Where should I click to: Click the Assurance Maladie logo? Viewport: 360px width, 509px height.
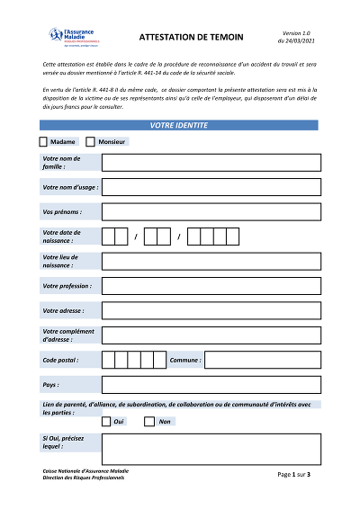[74, 37]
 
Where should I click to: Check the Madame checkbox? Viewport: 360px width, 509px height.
[43, 142]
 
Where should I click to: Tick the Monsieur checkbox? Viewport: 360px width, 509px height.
[90, 142]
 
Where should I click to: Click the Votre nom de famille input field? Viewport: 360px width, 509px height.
[211, 163]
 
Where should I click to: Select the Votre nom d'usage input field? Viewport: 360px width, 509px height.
[211, 188]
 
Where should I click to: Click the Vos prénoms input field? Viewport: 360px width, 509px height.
[211, 212]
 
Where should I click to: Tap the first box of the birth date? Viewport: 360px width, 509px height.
[108, 237]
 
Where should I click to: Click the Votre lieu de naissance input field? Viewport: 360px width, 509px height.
[211, 262]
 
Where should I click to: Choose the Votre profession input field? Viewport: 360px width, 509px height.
[211, 286]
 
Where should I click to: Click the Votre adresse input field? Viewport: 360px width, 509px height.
[211, 311]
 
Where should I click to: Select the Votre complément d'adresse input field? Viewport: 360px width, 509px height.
[211, 335]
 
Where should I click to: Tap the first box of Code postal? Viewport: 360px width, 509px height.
[108, 361]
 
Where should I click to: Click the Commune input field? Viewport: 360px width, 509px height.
[262, 361]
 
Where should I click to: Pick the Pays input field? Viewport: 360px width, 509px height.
[211, 385]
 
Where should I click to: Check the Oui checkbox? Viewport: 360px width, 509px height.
[106, 421]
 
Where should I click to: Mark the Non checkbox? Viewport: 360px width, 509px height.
[150, 421]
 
